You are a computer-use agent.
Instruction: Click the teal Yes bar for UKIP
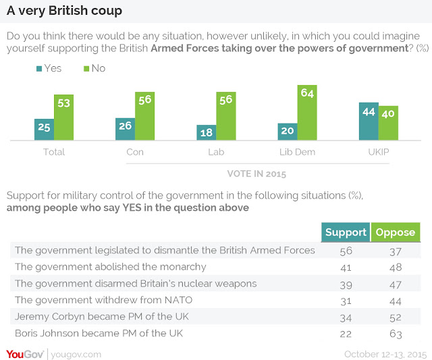pyautogui.click(x=369, y=122)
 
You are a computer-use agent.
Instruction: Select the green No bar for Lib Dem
pyautogui.click(x=307, y=113)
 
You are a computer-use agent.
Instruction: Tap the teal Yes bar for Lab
pyautogui.click(x=207, y=132)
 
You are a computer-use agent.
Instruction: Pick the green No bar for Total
pyautogui.click(x=63, y=118)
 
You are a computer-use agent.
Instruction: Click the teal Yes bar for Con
pyautogui.click(x=126, y=129)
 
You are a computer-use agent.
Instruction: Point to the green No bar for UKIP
pyautogui.click(x=388, y=123)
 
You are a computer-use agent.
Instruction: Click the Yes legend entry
pyautogui.click(x=49, y=68)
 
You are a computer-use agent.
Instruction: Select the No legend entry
pyautogui.click(x=94, y=68)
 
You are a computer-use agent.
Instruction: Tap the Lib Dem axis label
pyautogui.click(x=297, y=152)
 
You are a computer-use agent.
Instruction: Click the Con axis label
pyautogui.click(x=135, y=152)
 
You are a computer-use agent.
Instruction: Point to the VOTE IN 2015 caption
pyautogui.click(x=256, y=174)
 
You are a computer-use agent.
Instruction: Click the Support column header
pyautogui.click(x=346, y=232)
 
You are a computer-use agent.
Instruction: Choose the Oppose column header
pyautogui.click(x=396, y=232)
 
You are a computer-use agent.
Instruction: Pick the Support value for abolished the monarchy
pyautogui.click(x=346, y=267)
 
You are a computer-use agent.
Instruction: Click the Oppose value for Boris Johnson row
pyautogui.click(x=396, y=334)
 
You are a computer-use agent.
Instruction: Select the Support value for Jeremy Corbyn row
pyautogui.click(x=346, y=318)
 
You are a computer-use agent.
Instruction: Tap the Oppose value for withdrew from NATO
pyautogui.click(x=396, y=301)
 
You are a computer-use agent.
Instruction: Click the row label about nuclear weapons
pyautogui.click(x=136, y=284)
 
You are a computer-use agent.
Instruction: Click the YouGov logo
pyautogui.click(x=25, y=354)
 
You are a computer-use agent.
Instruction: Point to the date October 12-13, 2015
pyautogui.click(x=385, y=354)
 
